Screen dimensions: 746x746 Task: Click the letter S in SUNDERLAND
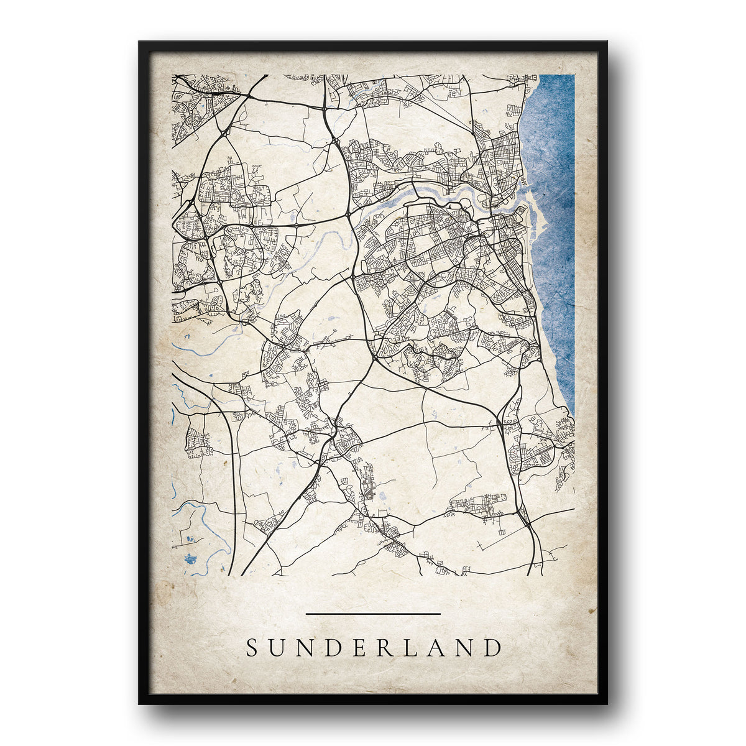pos(252,648)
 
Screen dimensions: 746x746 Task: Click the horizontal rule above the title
pos(373,614)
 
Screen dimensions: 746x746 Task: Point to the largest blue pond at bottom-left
pos(191,559)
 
